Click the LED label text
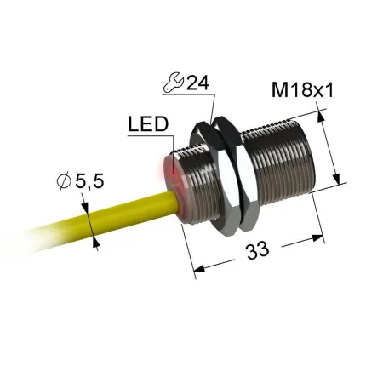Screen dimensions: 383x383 148,124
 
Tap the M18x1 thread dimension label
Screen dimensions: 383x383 302,90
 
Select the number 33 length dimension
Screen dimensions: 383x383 257,250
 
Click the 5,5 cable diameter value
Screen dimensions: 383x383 89,181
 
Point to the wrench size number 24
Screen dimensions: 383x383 198,83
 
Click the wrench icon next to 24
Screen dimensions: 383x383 173,83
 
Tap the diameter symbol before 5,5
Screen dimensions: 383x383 64,181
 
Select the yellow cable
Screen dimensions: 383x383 105,215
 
